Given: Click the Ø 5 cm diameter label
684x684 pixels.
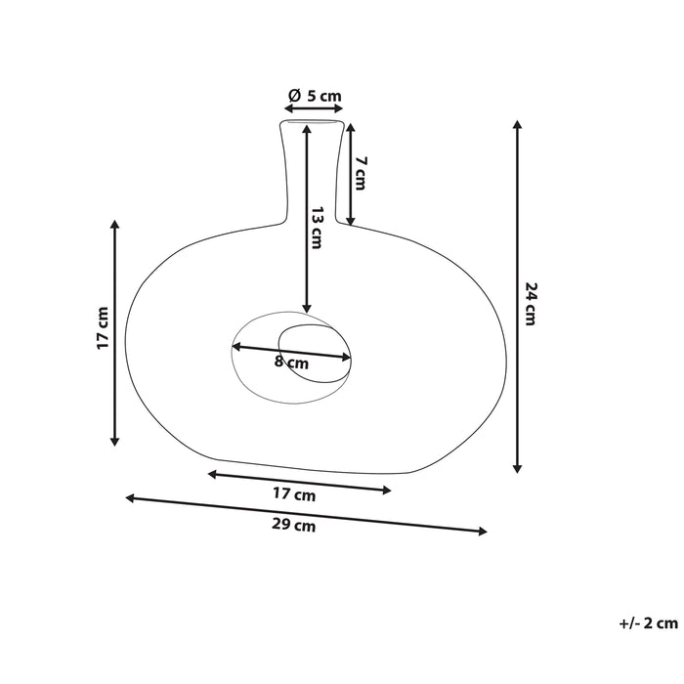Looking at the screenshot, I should point(315,96).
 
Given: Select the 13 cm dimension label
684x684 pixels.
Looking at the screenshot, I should point(315,228).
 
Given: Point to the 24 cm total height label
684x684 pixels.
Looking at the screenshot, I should point(531,303).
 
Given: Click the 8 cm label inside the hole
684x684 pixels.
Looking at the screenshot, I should point(291,363).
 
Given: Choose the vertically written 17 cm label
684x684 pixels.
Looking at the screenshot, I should point(103,329).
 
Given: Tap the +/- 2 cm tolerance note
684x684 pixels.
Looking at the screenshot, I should point(647,621).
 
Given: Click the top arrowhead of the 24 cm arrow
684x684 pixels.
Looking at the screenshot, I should point(518,125).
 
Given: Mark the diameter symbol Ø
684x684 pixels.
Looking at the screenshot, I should point(293,96).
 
